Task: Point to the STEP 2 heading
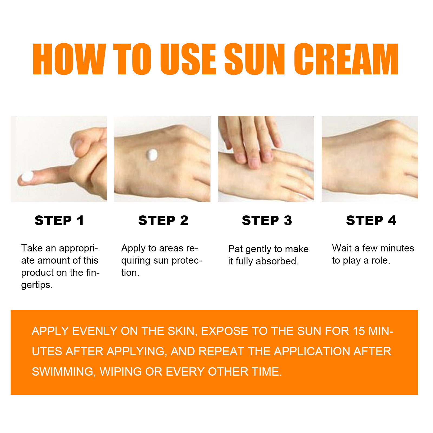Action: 163,220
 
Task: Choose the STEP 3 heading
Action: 267,220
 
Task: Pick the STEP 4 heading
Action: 371,220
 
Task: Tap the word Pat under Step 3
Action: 235,249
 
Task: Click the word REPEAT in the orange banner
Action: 221,352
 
